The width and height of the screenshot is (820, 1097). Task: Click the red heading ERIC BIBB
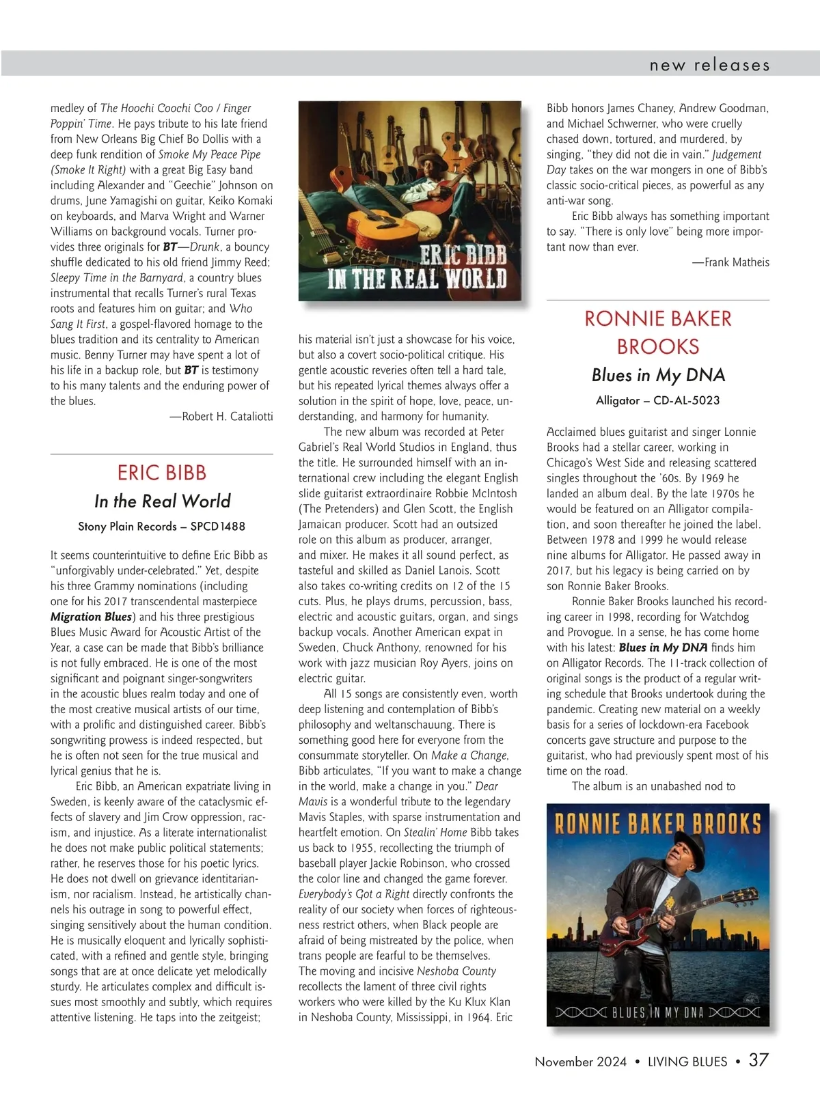162,473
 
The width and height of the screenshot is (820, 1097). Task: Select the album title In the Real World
162,501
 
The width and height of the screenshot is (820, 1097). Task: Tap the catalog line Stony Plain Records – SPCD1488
162,527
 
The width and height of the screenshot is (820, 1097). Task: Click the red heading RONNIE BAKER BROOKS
657,333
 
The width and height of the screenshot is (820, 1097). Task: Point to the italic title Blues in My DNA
657,375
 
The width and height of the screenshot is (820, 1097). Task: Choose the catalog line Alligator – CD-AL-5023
657,400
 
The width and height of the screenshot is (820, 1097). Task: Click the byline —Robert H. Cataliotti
221,417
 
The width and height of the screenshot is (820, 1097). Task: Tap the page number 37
758,1060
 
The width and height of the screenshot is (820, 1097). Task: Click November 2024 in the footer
580,1061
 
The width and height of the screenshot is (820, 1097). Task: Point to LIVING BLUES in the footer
687,1061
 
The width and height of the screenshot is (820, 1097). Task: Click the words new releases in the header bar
709,66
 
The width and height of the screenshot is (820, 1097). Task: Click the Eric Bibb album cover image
409,201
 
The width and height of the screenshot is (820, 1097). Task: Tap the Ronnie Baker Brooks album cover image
657,915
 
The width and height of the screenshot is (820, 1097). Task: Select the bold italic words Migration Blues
91,617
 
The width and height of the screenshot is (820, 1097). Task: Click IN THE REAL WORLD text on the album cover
417,279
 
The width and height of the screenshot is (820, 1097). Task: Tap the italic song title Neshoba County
456,971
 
